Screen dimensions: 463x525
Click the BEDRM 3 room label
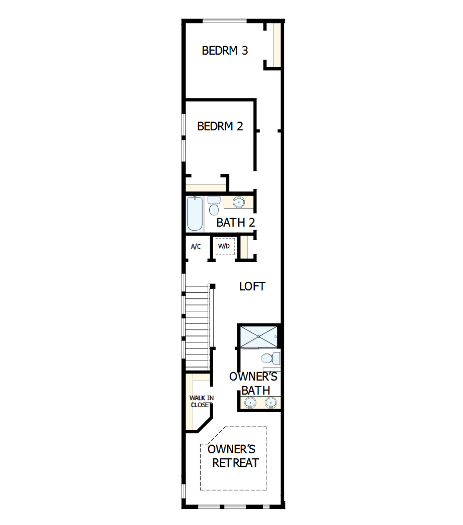coord(225,51)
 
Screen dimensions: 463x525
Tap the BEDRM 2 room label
coord(220,126)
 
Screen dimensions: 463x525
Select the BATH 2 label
coord(236,222)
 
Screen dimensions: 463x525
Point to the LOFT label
coord(252,286)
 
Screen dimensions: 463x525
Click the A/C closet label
coord(196,247)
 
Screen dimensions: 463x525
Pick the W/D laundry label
coord(224,246)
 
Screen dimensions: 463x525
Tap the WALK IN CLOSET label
coord(201,402)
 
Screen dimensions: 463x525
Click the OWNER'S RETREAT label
coord(233,456)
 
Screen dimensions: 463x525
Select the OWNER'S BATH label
coord(254,384)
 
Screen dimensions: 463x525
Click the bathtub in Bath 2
coord(195,214)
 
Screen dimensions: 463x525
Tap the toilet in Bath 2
coord(214,206)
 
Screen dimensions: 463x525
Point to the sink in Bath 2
coord(239,202)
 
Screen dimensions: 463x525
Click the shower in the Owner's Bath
coord(259,336)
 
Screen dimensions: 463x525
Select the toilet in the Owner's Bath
coord(271,358)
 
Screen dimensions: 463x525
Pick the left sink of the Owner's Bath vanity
coord(250,402)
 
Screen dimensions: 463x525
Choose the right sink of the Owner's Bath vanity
coord(271,402)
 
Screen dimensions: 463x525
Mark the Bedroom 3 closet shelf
coord(277,45)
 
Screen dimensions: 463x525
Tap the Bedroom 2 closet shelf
coord(206,188)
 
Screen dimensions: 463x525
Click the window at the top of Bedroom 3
coord(225,21)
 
